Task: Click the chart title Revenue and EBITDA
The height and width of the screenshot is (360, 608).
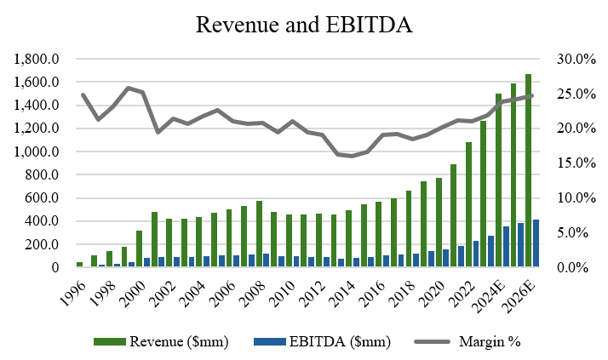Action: (x=304, y=25)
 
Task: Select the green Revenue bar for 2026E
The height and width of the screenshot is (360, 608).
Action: (x=528, y=170)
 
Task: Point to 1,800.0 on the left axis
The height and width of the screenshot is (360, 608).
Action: (x=37, y=60)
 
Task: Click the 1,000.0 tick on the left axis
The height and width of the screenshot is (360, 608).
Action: (x=37, y=152)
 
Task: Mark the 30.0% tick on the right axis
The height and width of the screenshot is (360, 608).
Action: (x=574, y=60)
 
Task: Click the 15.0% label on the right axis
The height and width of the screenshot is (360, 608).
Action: (x=574, y=163)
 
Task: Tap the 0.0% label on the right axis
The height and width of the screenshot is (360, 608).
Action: (x=576, y=268)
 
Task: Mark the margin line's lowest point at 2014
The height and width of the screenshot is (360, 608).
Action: (x=352, y=156)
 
